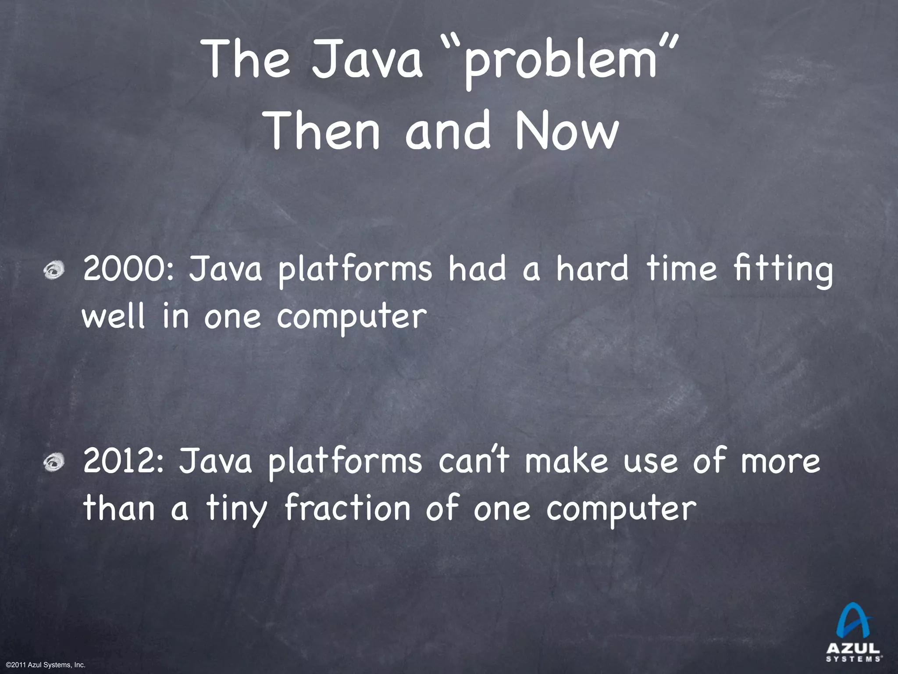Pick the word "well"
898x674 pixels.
pyautogui.click(x=113, y=316)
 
